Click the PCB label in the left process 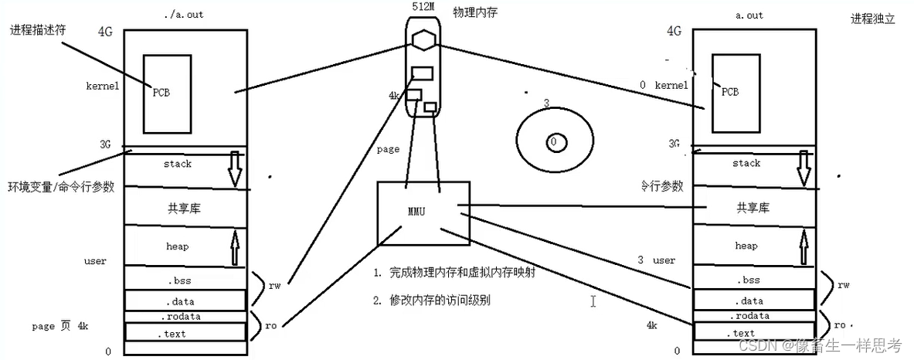coord(161,92)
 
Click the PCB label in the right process coord(729,91)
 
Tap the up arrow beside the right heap coord(804,245)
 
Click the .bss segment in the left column coord(183,280)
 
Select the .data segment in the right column coord(747,301)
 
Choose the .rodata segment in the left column coord(183,317)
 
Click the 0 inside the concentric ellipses coord(553,142)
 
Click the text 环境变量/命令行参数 coord(61,187)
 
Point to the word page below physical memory coord(389,149)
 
